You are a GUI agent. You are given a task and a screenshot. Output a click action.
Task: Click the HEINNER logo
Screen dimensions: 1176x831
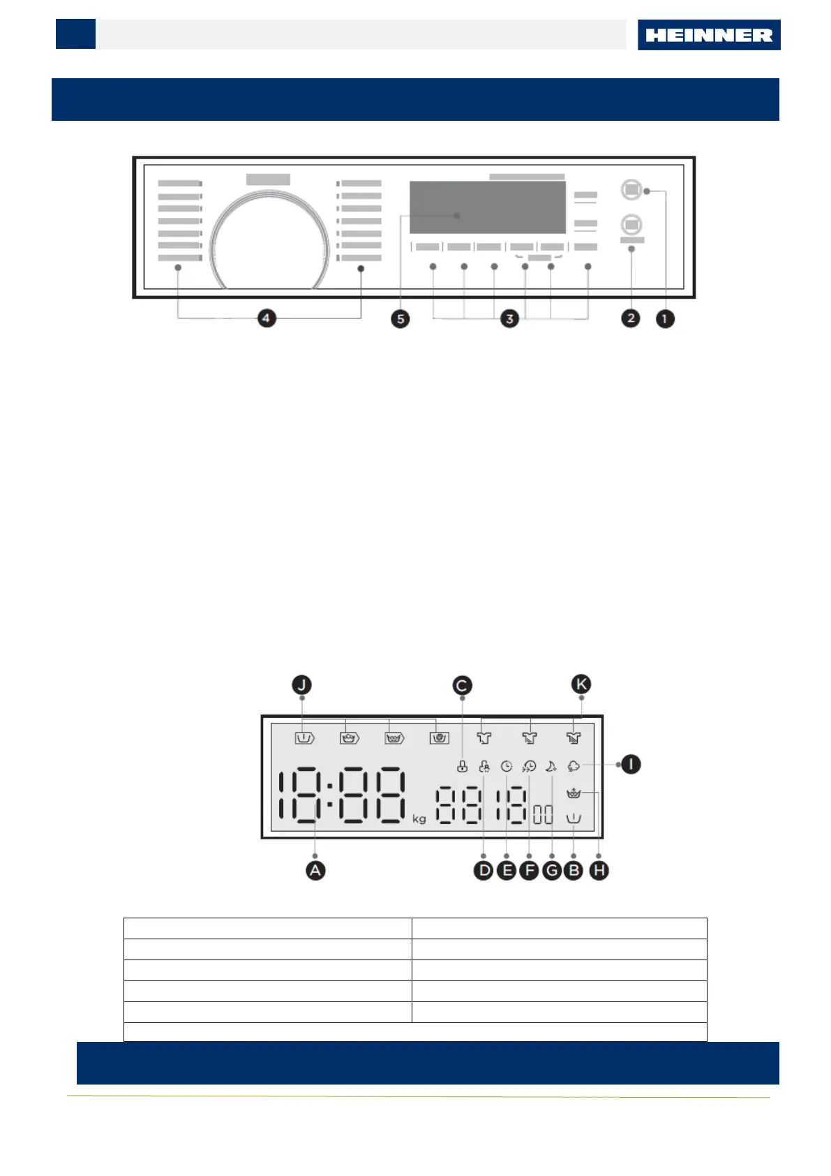tap(708, 35)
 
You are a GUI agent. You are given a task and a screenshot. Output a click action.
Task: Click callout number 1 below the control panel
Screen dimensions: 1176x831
tap(665, 319)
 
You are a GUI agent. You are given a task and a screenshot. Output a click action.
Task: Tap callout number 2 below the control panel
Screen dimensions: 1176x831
tap(631, 318)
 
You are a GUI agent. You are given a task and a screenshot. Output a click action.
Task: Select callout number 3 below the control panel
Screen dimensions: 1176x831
tap(510, 319)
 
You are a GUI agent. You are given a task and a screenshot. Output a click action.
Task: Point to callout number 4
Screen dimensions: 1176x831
tap(266, 318)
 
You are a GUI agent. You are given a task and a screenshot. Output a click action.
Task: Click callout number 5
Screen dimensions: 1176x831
tap(400, 319)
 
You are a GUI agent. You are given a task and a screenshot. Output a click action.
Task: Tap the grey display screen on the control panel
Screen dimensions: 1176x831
tap(487, 207)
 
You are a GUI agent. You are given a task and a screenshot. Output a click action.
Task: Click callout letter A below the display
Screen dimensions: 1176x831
tap(315, 870)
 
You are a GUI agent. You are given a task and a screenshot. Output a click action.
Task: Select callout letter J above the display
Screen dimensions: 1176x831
tap(301, 685)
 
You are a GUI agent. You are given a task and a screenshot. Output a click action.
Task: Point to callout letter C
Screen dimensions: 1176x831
tap(462, 686)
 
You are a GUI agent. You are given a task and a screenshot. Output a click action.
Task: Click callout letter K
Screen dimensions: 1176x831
tap(581, 684)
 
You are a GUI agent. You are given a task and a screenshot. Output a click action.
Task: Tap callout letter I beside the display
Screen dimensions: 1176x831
tap(631, 764)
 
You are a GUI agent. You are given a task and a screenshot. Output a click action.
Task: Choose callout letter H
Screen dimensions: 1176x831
tap(599, 870)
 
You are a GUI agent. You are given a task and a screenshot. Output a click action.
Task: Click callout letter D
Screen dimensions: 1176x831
tap(484, 870)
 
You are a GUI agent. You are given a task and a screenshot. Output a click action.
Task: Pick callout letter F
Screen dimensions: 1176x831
tap(529, 870)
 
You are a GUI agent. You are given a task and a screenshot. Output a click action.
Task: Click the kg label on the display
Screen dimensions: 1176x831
tap(419, 818)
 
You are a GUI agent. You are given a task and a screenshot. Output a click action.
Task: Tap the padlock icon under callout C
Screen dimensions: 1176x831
tap(462, 767)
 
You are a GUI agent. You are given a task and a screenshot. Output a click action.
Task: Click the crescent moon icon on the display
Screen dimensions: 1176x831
tap(551, 766)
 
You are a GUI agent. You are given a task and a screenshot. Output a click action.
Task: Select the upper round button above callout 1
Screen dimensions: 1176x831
tap(631, 189)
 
